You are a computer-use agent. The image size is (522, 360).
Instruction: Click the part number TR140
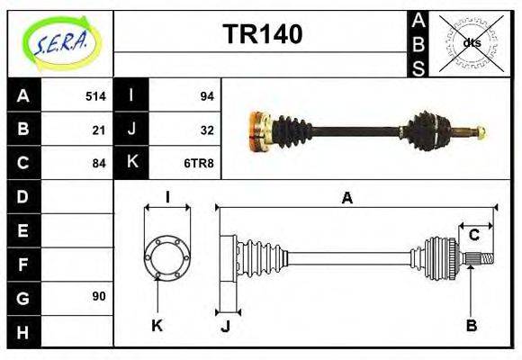click(x=262, y=34)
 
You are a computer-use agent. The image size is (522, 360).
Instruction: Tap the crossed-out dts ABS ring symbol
click(x=471, y=41)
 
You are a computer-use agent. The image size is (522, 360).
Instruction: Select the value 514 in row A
click(x=95, y=96)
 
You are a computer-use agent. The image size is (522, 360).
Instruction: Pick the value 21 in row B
click(x=99, y=130)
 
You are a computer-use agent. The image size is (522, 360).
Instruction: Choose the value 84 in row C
click(x=99, y=163)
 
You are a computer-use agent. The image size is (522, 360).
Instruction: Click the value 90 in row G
click(x=99, y=296)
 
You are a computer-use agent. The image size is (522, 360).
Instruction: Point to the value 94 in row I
click(x=206, y=96)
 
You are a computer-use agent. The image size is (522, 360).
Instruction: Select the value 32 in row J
click(x=206, y=130)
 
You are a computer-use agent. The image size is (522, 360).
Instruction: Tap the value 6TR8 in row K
click(x=200, y=163)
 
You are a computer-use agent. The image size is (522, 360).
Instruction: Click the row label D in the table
click(x=22, y=196)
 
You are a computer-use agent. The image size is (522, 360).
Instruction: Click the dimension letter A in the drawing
click(x=346, y=199)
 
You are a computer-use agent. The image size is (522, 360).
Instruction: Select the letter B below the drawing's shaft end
click(x=471, y=325)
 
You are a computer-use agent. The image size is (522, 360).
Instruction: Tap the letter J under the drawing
click(x=225, y=326)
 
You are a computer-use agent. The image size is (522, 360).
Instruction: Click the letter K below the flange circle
click(x=157, y=325)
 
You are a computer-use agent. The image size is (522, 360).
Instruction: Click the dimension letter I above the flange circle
click(x=167, y=197)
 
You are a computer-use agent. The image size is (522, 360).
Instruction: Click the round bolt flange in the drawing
click(x=167, y=256)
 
